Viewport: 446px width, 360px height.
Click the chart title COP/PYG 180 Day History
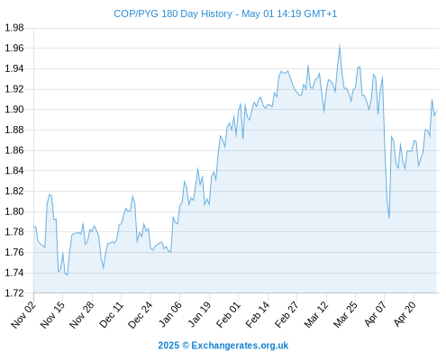click(x=173, y=13)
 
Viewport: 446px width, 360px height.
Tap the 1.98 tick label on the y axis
click(x=14, y=28)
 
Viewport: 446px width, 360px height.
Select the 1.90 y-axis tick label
click(x=14, y=109)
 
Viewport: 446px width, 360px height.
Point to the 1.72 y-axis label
click(x=14, y=293)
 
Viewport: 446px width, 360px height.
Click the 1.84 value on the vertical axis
click(x=14, y=170)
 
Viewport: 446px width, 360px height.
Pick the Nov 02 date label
click(x=23, y=315)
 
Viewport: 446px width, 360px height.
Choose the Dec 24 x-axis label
click(x=140, y=315)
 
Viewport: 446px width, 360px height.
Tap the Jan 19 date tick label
click(x=199, y=315)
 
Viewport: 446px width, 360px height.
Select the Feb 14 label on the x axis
click(x=258, y=315)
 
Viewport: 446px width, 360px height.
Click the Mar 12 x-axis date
click(x=316, y=315)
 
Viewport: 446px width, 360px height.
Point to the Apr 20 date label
click(x=404, y=314)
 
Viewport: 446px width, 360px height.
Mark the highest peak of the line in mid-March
click(x=340, y=45)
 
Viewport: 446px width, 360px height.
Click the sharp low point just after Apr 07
click(x=389, y=218)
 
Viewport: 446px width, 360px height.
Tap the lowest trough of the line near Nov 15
click(x=68, y=274)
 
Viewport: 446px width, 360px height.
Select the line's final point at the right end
click(x=436, y=112)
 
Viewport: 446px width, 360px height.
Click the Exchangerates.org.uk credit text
click(x=240, y=346)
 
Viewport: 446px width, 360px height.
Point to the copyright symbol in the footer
click(x=186, y=346)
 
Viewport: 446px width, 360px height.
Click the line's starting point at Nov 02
click(x=34, y=226)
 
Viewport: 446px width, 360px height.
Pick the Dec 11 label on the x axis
click(x=111, y=315)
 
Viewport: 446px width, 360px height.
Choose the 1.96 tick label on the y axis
click(x=14, y=48)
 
